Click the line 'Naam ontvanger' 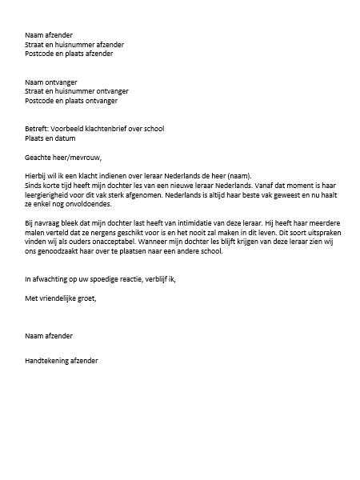tap(49, 82)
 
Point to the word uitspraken tap(317, 234)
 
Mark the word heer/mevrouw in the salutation tap(79, 157)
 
